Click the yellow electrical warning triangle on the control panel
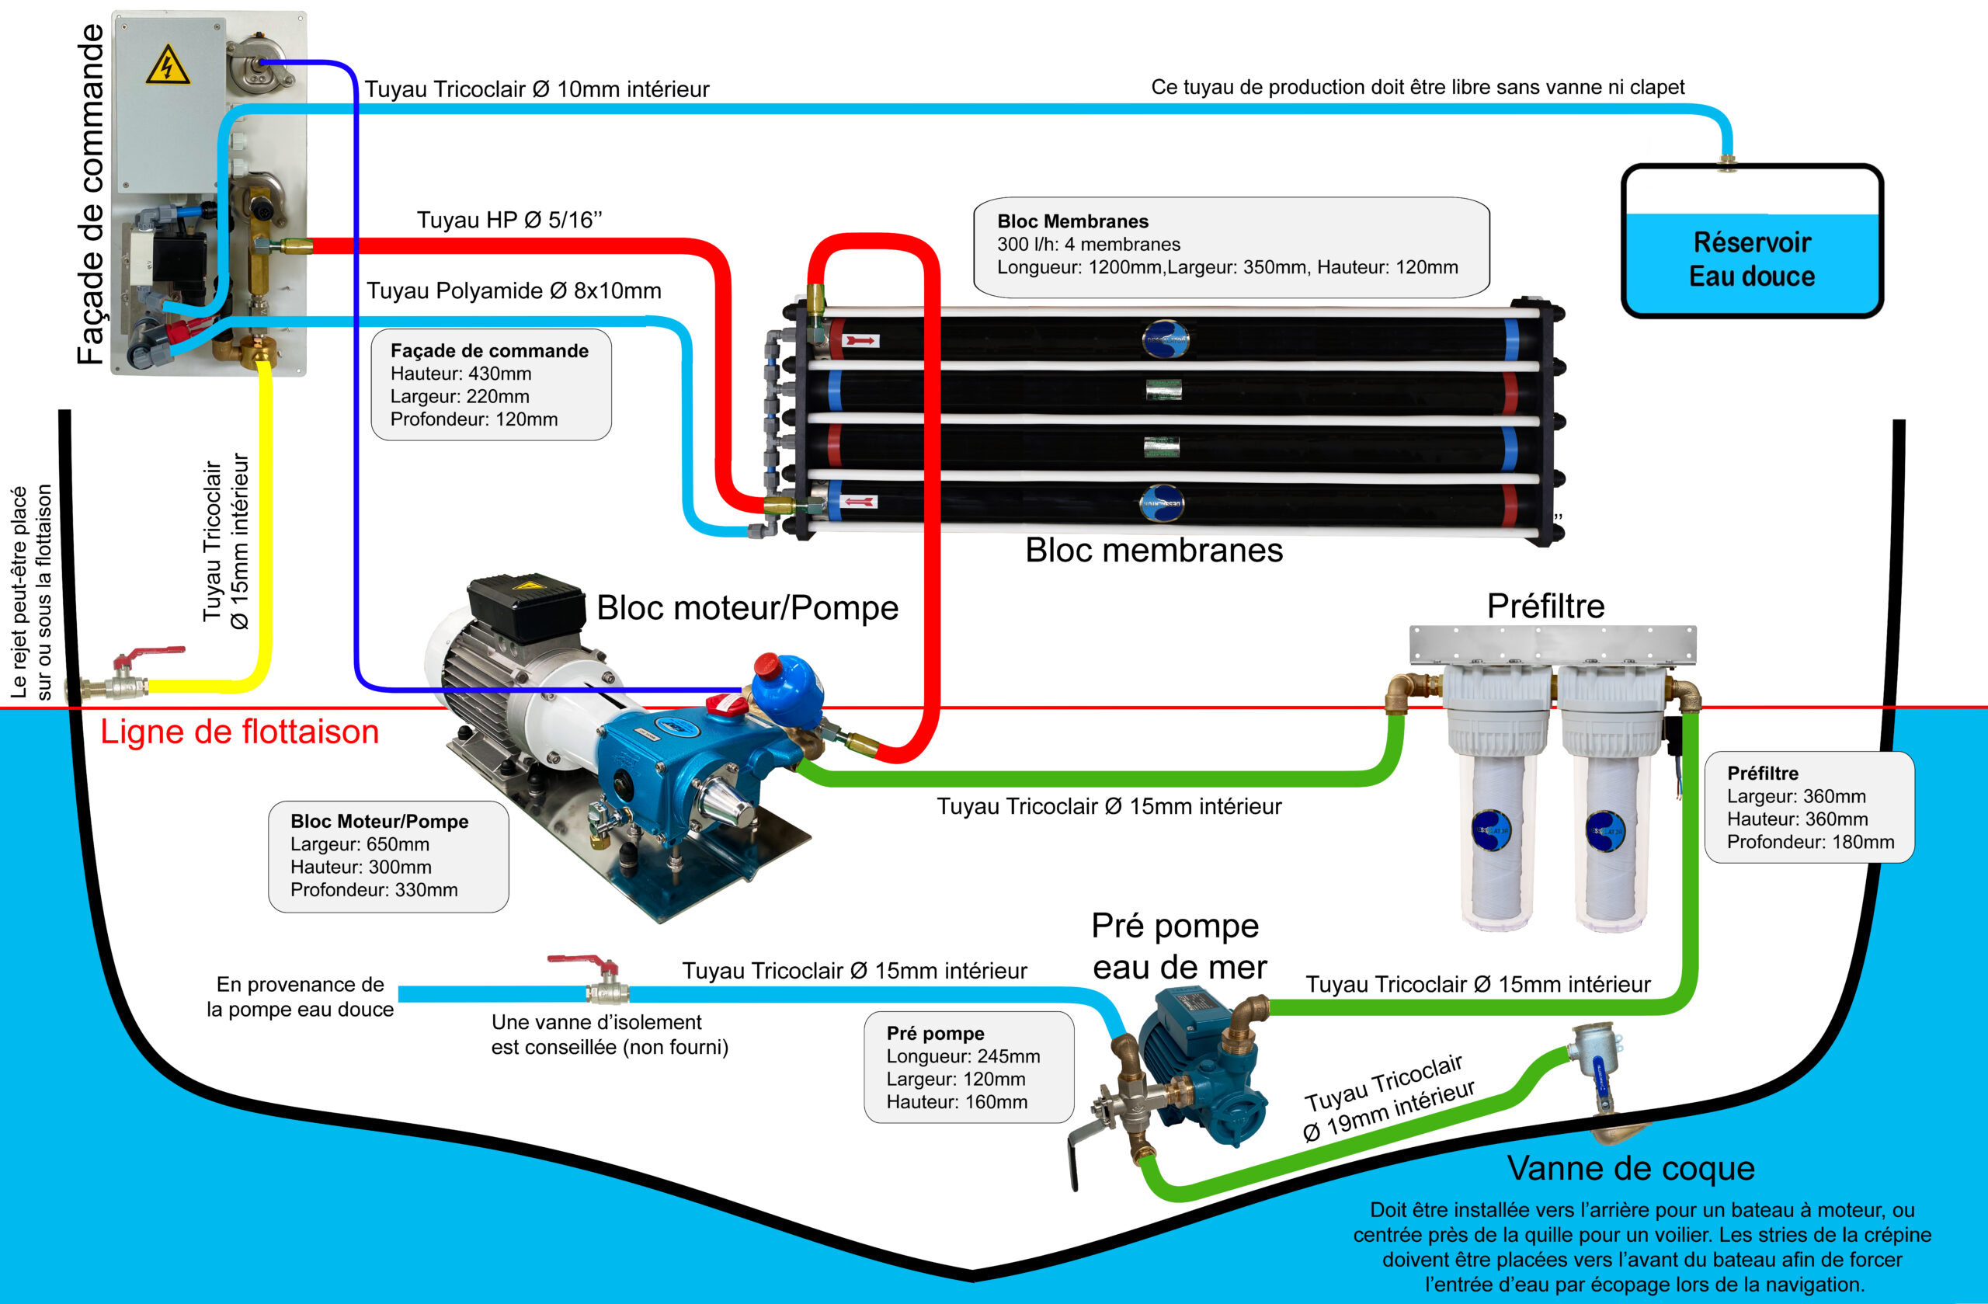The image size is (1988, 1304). pyautogui.click(x=168, y=64)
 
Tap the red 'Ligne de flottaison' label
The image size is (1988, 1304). pyautogui.click(x=240, y=732)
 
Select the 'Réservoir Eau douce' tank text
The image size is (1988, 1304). pyautogui.click(x=1752, y=259)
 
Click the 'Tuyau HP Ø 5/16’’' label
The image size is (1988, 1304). pyautogui.click(x=509, y=220)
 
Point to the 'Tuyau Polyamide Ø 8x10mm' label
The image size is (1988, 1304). pyautogui.click(x=514, y=290)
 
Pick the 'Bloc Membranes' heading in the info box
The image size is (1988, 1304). pyautogui.click(x=1072, y=221)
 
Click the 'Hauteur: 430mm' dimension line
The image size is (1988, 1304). pyautogui.click(x=461, y=374)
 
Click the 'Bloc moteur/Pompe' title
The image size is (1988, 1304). pyautogui.click(x=748, y=607)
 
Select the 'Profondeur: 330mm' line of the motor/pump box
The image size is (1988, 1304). pyautogui.click(x=374, y=890)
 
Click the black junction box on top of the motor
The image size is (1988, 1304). pyautogui.click(x=526, y=607)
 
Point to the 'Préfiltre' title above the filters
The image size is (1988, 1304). pyautogui.click(x=1545, y=606)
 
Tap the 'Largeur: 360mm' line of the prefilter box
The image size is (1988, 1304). pyautogui.click(x=1796, y=796)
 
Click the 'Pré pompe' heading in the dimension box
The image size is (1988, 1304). pyautogui.click(x=936, y=1034)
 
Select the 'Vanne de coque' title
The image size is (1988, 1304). pyautogui.click(x=1631, y=1168)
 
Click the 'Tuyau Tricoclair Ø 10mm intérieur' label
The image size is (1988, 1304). pyautogui.click(x=537, y=89)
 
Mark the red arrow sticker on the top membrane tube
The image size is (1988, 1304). pyautogui.click(x=861, y=341)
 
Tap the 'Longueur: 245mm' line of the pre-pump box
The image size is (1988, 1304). pyautogui.click(x=963, y=1056)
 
